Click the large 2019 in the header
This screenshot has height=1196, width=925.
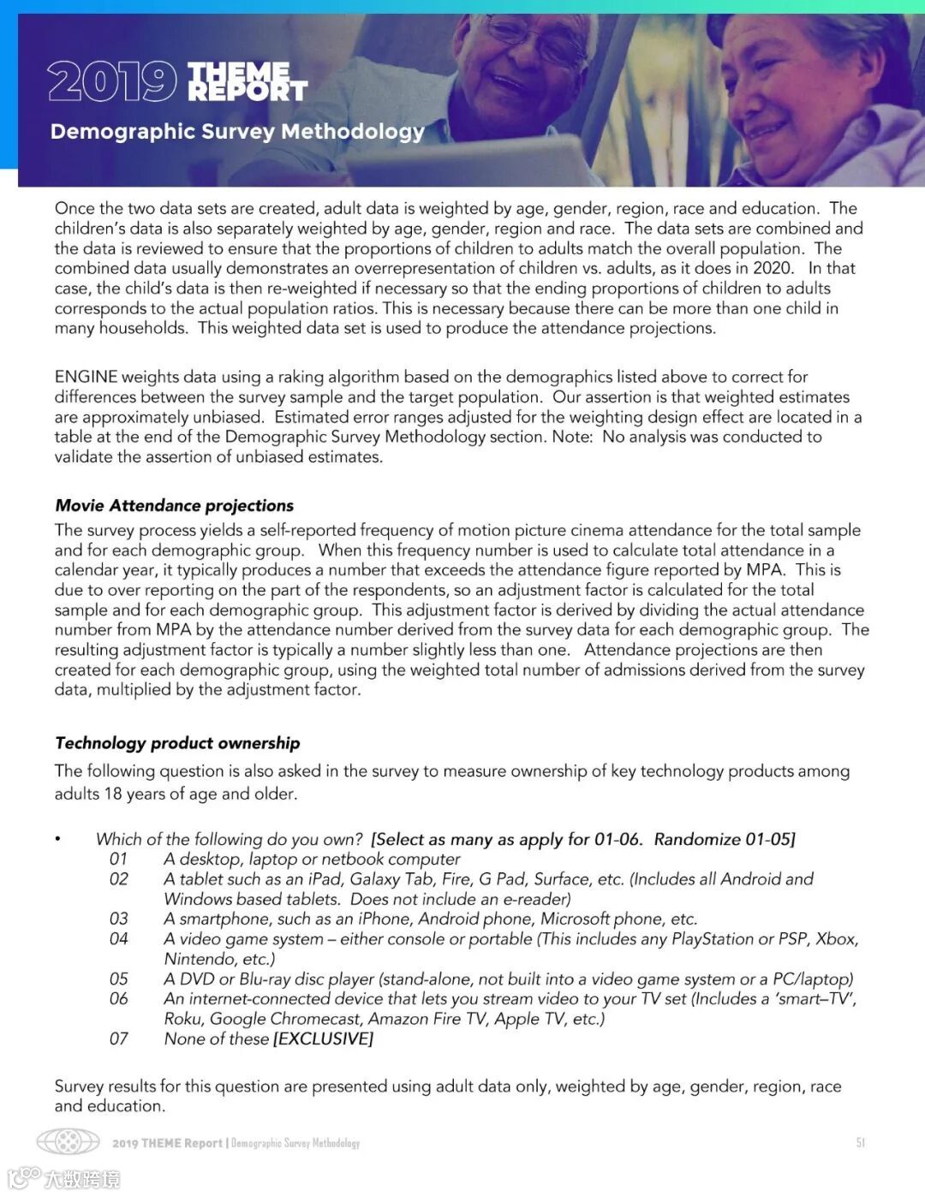(x=110, y=82)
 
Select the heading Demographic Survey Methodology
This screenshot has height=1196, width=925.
(x=237, y=132)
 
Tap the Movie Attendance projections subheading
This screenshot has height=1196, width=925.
(x=174, y=505)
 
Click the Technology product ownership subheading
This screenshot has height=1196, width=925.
(x=177, y=743)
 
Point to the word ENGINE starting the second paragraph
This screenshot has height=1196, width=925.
(x=86, y=377)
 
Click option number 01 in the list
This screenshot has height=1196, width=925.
(x=118, y=859)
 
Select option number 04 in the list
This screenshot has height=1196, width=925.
(x=118, y=939)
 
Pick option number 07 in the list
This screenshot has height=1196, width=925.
(x=118, y=1038)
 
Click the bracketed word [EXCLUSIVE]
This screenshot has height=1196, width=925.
(x=323, y=1038)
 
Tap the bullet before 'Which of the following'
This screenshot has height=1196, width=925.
(x=57, y=839)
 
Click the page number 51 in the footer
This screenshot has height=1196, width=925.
(x=861, y=1143)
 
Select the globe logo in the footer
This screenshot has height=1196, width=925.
(x=69, y=1142)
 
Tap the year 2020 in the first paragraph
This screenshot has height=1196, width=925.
(x=773, y=268)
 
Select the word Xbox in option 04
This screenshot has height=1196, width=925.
(x=836, y=939)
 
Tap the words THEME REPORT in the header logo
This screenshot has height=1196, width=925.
(x=246, y=81)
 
